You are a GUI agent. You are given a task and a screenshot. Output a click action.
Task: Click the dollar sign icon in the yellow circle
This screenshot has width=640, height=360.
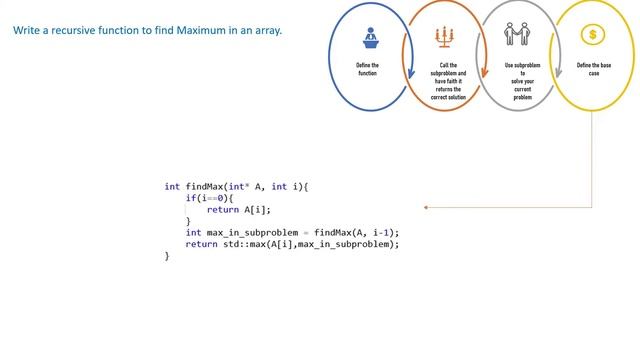coord(593,35)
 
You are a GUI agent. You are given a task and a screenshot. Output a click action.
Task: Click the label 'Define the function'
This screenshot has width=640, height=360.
coord(367,69)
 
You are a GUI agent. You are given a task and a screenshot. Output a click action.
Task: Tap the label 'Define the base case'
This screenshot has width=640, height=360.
coord(593,69)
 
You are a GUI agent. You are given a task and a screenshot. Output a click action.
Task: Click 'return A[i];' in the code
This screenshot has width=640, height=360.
coord(239,210)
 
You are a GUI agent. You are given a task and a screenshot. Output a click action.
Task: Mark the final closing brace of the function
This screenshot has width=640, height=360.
coord(167,256)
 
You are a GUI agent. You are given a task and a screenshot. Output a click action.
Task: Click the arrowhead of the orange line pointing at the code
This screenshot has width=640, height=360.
coord(427,208)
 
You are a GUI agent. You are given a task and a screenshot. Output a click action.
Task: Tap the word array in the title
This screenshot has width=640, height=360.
coord(267,31)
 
